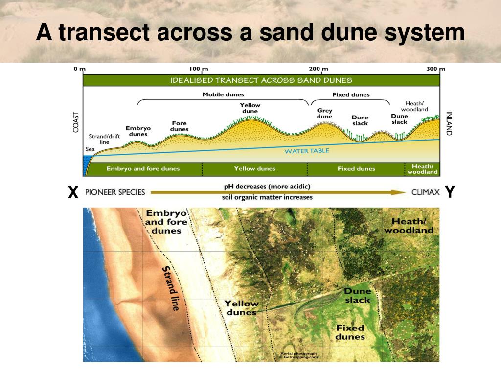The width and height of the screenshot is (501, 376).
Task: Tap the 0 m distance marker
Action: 80,69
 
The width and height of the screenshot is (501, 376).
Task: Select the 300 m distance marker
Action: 435,69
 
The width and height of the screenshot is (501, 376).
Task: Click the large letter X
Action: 73,192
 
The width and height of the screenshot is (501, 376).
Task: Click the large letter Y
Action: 450,192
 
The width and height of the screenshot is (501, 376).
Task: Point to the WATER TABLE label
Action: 307,151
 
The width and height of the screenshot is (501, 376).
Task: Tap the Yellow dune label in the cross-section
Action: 250,108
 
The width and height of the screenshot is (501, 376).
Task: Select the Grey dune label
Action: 324,114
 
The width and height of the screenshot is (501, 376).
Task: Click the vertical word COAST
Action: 76,123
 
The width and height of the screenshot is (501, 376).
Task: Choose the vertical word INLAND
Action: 449,123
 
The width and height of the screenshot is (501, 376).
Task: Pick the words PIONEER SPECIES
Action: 115,192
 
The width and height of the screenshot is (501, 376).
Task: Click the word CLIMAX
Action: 425,192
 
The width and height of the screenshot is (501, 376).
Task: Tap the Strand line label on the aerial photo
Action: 170,289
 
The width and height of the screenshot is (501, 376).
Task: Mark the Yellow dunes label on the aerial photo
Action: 241,308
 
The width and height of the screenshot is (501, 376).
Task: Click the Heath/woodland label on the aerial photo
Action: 409,226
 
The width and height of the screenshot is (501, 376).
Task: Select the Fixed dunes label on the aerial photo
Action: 350,332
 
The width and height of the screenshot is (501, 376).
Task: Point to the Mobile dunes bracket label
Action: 223,94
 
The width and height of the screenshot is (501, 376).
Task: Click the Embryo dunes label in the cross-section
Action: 138,131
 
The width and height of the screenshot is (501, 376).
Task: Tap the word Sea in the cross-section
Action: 90,150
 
